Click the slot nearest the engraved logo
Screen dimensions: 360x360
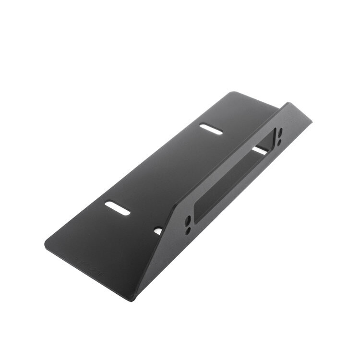(x=118, y=207)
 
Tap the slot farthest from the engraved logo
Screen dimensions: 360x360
(x=211, y=129)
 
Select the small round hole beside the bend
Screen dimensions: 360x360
(x=158, y=231)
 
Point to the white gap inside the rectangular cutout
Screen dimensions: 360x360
(x=259, y=150)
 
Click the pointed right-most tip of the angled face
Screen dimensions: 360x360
(x=311, y=120)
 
